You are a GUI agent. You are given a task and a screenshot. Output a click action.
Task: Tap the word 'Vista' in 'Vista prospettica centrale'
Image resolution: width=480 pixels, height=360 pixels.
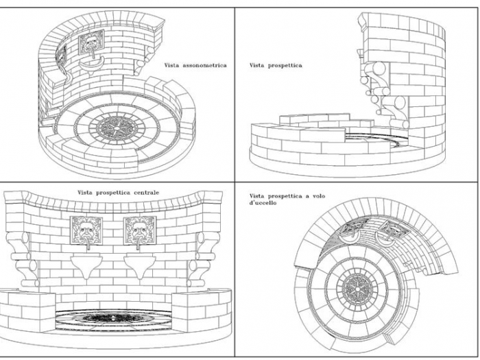click(x=85, y=193)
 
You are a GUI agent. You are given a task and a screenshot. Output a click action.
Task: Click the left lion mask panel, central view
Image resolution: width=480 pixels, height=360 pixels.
click(x=86, y=230)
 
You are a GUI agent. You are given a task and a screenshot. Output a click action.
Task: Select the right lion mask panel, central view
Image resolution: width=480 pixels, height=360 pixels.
click(x=140, y=230)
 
